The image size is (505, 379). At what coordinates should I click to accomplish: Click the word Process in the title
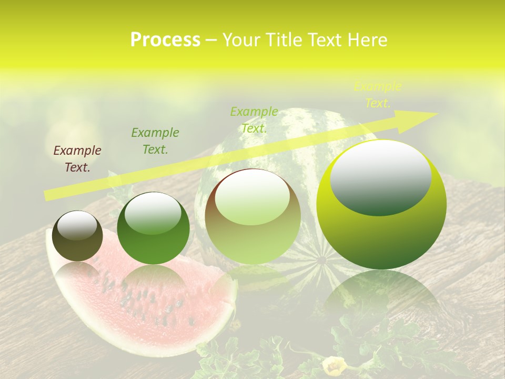(165, 40)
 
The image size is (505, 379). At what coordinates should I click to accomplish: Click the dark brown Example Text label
(77, 159)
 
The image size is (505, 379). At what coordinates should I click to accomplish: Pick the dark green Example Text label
(155, 141)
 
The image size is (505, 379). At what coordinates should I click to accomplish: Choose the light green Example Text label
(254, 120)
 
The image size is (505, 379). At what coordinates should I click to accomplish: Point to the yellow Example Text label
(378, 95)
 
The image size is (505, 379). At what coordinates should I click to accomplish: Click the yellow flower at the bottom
(335, 365)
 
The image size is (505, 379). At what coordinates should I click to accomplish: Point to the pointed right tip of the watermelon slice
(235, 284)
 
